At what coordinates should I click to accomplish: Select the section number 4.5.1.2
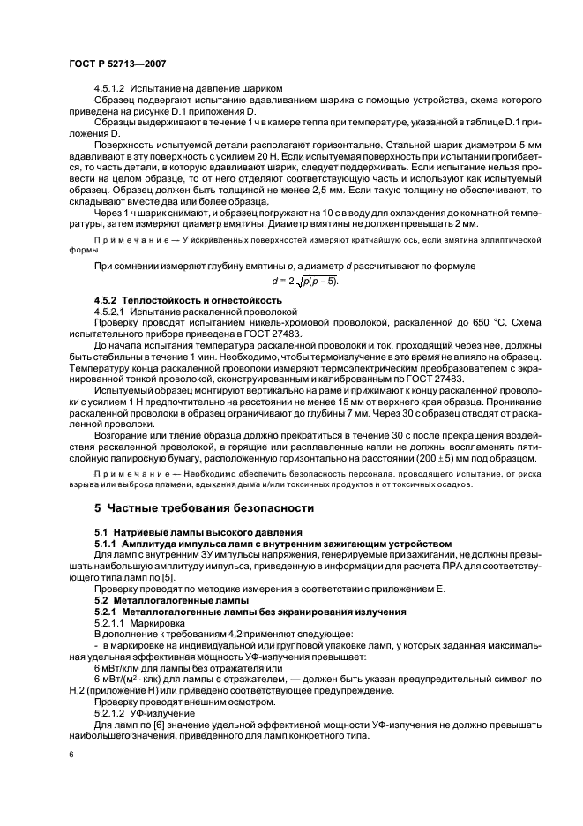point(112,89)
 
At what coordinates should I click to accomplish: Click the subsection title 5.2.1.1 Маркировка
point(138,623)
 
